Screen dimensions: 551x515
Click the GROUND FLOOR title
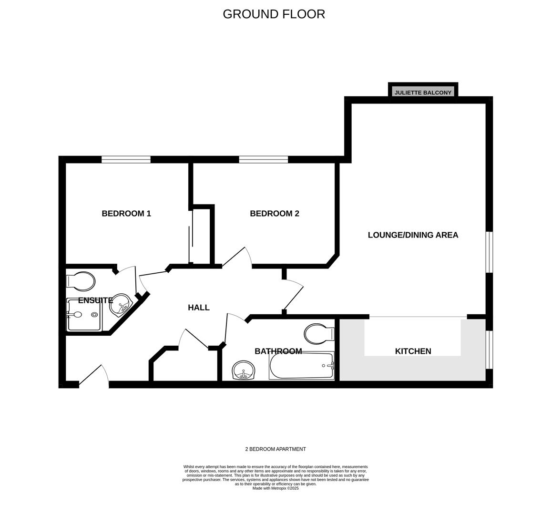pos(274,14)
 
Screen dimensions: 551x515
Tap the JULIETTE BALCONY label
pos(423,93)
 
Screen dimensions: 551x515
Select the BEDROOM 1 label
pos(126,213)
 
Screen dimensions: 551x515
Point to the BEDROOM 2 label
pos(275,213)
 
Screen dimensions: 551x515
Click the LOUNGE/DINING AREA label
pos(413,235)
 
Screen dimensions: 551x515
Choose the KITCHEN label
pos(413,351)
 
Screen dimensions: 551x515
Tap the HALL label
pos(199,308)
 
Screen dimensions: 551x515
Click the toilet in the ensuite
pos(81,281)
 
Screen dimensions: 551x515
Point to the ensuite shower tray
pos(84,315)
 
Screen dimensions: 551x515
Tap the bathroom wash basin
pos(244,370)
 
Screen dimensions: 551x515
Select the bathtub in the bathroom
pos(302,366)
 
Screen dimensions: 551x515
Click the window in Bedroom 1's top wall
pos(126,160)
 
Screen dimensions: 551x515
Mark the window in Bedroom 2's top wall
pos(264,160)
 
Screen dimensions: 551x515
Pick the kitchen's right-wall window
pos(490,350)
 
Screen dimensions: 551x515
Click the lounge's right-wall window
pos(490,252)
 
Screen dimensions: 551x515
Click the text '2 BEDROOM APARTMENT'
pos(275,449)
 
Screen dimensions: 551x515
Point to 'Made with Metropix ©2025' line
pos(275,488)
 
